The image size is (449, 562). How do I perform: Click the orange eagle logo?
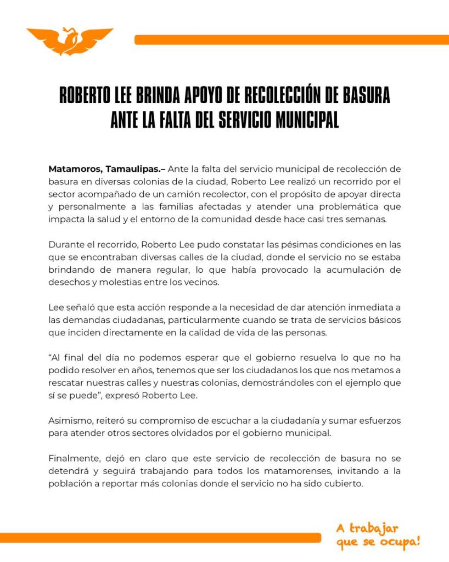coord(70,41)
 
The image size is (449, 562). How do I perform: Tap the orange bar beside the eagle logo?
coord(291,40)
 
